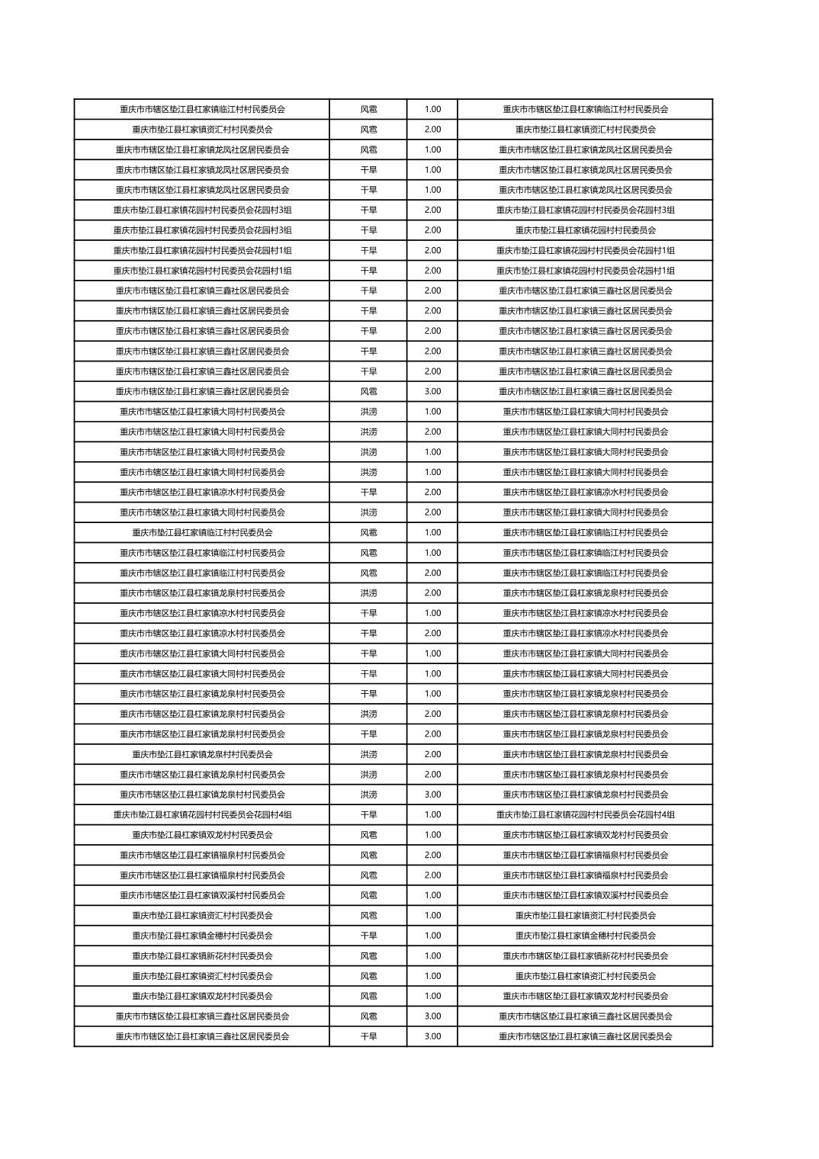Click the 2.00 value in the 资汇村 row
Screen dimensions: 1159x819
[x=432, y=130]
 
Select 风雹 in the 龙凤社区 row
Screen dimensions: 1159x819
[x=368, y=149]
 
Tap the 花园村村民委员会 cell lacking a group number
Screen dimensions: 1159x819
[x=585, y=230]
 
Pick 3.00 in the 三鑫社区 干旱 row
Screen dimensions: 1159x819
[x=432, y=1036]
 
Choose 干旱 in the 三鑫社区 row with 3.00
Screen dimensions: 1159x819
[x=368, y=1036]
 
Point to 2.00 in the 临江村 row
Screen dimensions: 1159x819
[x=432, y=573]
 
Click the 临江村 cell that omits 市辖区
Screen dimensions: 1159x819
[x=202, y=532]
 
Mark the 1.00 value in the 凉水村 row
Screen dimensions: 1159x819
[x=432, y=613]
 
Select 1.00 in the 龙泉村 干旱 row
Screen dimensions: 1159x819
[x=432, y=694]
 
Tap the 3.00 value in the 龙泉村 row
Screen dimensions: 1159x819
[x=432, y=795]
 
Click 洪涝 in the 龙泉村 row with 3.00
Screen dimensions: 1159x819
[x=368, y=795]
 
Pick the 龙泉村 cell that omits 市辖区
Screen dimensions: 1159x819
[x=202, y=754]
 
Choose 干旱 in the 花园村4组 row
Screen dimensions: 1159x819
[x=368, y=814]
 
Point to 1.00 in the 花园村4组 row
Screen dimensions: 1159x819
[x=432, y=814]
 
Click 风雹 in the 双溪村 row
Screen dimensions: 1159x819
[x=368, y=895]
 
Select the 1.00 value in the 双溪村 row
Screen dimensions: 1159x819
[x=432, y=895]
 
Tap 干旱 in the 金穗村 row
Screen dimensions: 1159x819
[x=368, y=936]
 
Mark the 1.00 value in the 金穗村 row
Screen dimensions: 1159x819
[x=432, y=936]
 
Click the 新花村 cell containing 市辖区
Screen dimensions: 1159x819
[x=585, y=955]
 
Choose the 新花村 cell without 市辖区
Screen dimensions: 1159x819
[x=202, y=955]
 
